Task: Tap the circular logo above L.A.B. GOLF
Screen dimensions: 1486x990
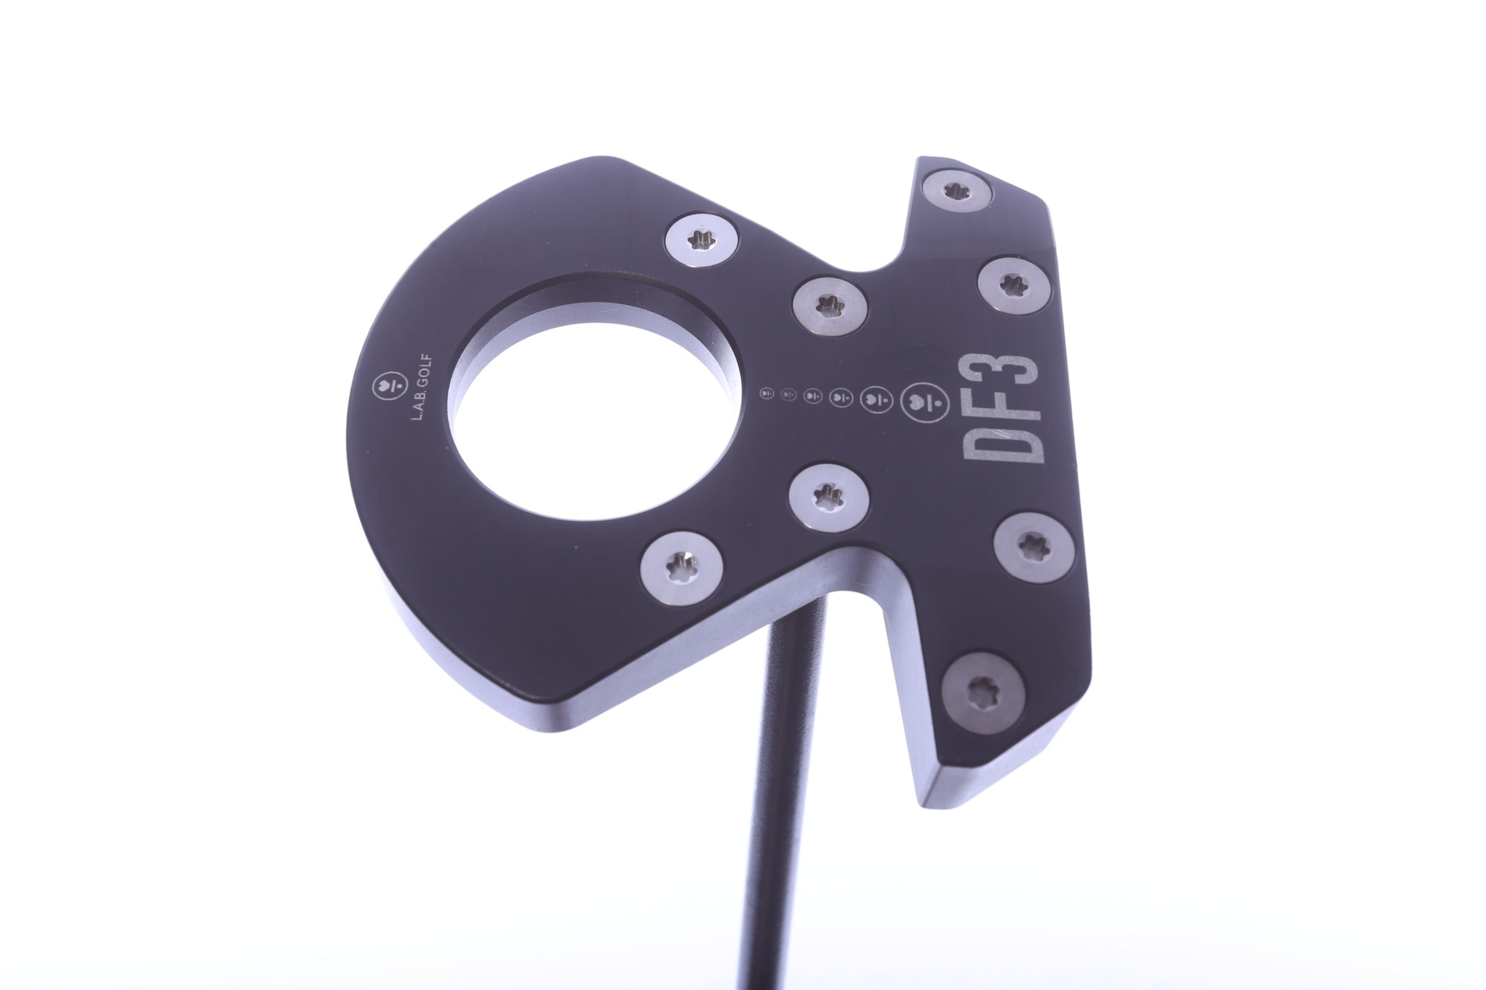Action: [x=384, y=391]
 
